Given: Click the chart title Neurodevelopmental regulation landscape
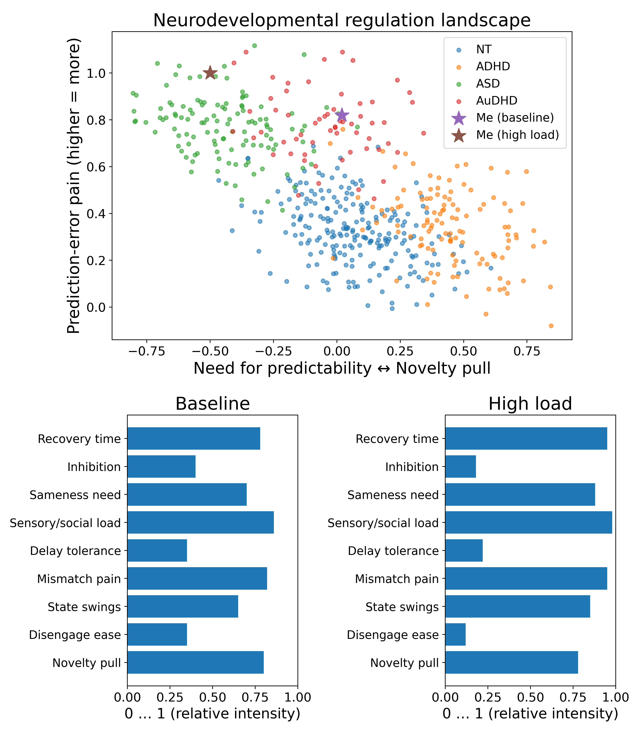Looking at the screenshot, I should point(342,20).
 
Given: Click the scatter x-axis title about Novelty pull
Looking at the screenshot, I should point(342,368).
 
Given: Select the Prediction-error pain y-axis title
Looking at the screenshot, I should point(74,185).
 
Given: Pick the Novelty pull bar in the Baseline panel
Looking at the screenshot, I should point(195,663).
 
